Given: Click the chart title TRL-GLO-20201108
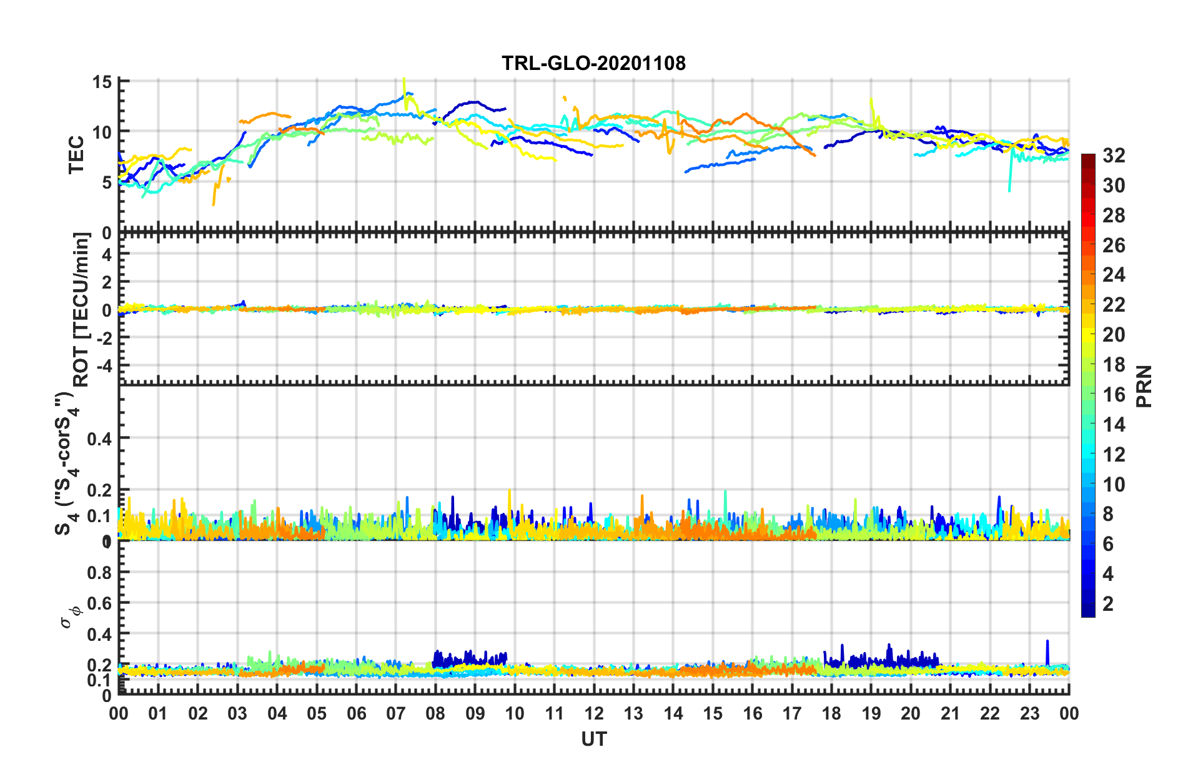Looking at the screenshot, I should coord(593,63).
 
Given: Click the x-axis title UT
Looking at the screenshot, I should coord(593,740).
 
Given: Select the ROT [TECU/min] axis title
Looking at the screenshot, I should coord(81,309).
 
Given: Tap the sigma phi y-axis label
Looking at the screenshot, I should coord(70,615).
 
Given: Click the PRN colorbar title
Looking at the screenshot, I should coord(1144,386).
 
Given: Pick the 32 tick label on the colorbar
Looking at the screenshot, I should coord(1114,156).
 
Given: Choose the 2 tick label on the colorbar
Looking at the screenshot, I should coord(1108,603).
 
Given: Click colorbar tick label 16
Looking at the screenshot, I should coord(1114,395).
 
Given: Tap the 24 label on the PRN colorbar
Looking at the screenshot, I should coord(1114,275).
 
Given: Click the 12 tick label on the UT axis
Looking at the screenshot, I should coord(594,713).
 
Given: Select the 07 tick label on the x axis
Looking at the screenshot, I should coord(396,713).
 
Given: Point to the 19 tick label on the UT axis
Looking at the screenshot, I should coord(871,713).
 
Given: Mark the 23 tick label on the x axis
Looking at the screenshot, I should coord(1029,713).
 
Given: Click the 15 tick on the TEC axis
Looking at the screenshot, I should coord(102,82).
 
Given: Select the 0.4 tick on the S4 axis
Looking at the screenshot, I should coord(99,438).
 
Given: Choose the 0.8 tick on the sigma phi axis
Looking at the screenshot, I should coord(99,572).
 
